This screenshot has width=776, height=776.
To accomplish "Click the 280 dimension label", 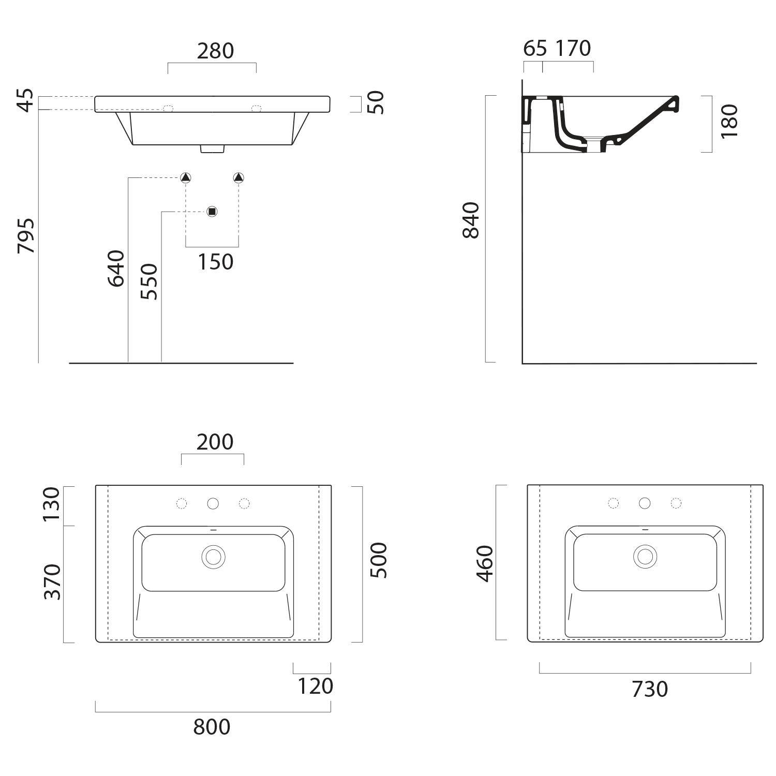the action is (x=215, y=51).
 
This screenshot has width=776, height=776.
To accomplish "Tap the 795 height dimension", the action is (x=26, y=235).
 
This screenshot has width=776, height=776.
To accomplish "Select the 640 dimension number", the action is (x=116, y=268).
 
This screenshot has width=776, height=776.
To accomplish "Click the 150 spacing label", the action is (x=215, y=262).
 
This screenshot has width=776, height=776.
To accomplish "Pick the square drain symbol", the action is (x=212, y=211).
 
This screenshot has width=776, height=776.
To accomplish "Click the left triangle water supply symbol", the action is (x=186, y=177).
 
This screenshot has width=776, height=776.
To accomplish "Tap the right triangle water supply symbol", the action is (x=238, y=177).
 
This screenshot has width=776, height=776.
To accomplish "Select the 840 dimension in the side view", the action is (x=471, y=220).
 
